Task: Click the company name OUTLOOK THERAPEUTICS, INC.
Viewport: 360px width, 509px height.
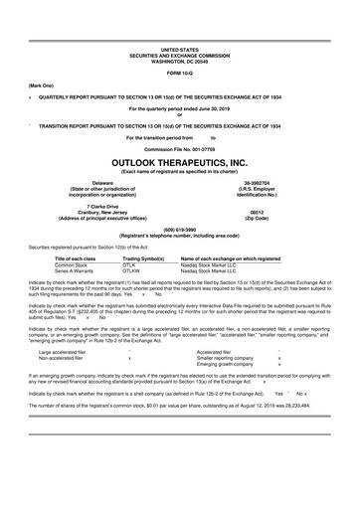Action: coord(179,159)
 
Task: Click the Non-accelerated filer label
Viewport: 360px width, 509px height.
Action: coord(61,357)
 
